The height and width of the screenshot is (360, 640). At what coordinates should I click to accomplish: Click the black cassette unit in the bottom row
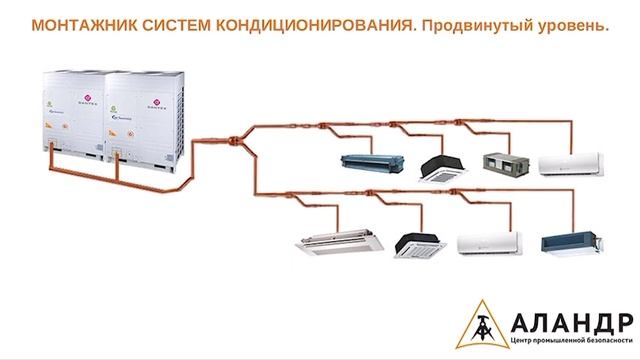coord(412,243)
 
